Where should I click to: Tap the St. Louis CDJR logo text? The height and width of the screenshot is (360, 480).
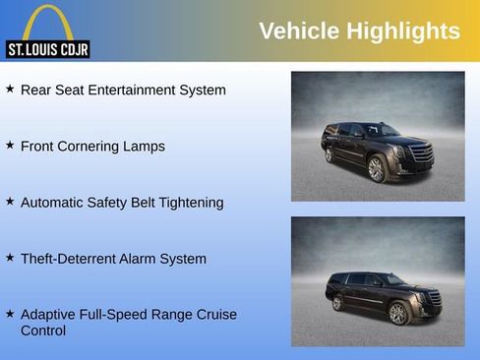coord(48,49)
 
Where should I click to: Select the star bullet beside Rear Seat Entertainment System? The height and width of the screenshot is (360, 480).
coord(10,90)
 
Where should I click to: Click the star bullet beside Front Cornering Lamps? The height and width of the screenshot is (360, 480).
coord(10,146)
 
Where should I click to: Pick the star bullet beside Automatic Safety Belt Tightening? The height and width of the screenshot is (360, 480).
coord(10,202)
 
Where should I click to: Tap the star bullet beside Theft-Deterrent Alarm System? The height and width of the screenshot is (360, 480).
coord(10,258)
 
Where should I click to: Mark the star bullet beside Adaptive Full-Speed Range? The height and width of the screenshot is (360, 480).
coord(10,314)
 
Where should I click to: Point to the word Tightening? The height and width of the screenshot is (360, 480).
coord(189,203)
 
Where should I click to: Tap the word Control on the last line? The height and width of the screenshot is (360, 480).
coord(43,331)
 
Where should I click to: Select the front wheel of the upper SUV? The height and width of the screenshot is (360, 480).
coord(376,169)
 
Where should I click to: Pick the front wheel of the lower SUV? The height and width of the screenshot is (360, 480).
coord(397,314)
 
